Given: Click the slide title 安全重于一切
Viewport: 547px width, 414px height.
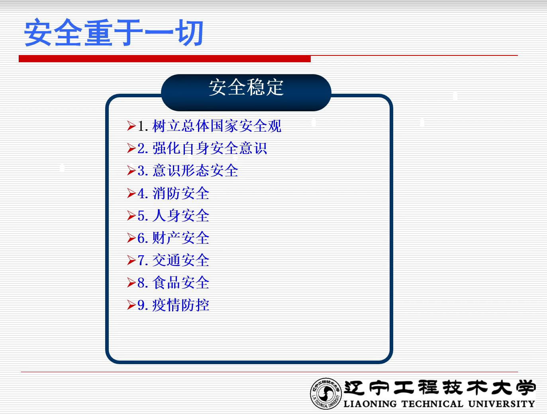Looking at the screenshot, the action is [x=114, y=32].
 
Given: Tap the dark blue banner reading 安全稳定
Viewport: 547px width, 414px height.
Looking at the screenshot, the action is [x=246, y=93].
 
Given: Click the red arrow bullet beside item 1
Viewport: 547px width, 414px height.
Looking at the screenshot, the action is [x=131, y=126].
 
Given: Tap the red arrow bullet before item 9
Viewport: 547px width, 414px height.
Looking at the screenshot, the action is [x=131, y=305].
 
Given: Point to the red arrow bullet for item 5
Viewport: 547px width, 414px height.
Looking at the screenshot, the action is [x=131, y=215].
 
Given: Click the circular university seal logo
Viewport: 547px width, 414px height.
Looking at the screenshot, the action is [x=325, y=394].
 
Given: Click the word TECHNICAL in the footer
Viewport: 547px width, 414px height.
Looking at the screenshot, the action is [x=432, y=404].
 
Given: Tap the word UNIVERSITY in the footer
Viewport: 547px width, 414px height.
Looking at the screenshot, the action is [x=502, y=404].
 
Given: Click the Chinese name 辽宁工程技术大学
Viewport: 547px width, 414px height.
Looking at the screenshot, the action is [x=439, y=388].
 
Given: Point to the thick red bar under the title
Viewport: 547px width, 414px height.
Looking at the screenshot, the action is [x=165, y=59].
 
